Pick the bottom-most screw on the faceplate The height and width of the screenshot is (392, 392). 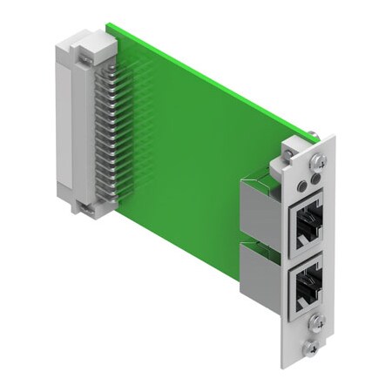(312, 348)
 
